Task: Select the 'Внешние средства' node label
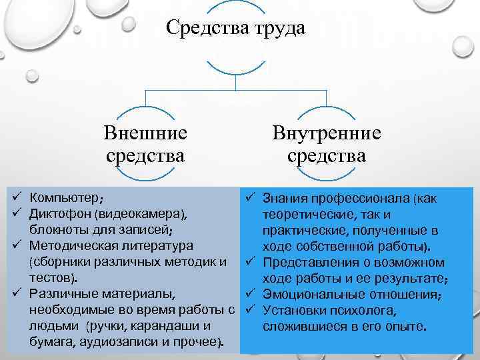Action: pyautogui.click(x=145, y=144)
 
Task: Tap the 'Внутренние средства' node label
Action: pyautogui.click(x=327, y=144)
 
